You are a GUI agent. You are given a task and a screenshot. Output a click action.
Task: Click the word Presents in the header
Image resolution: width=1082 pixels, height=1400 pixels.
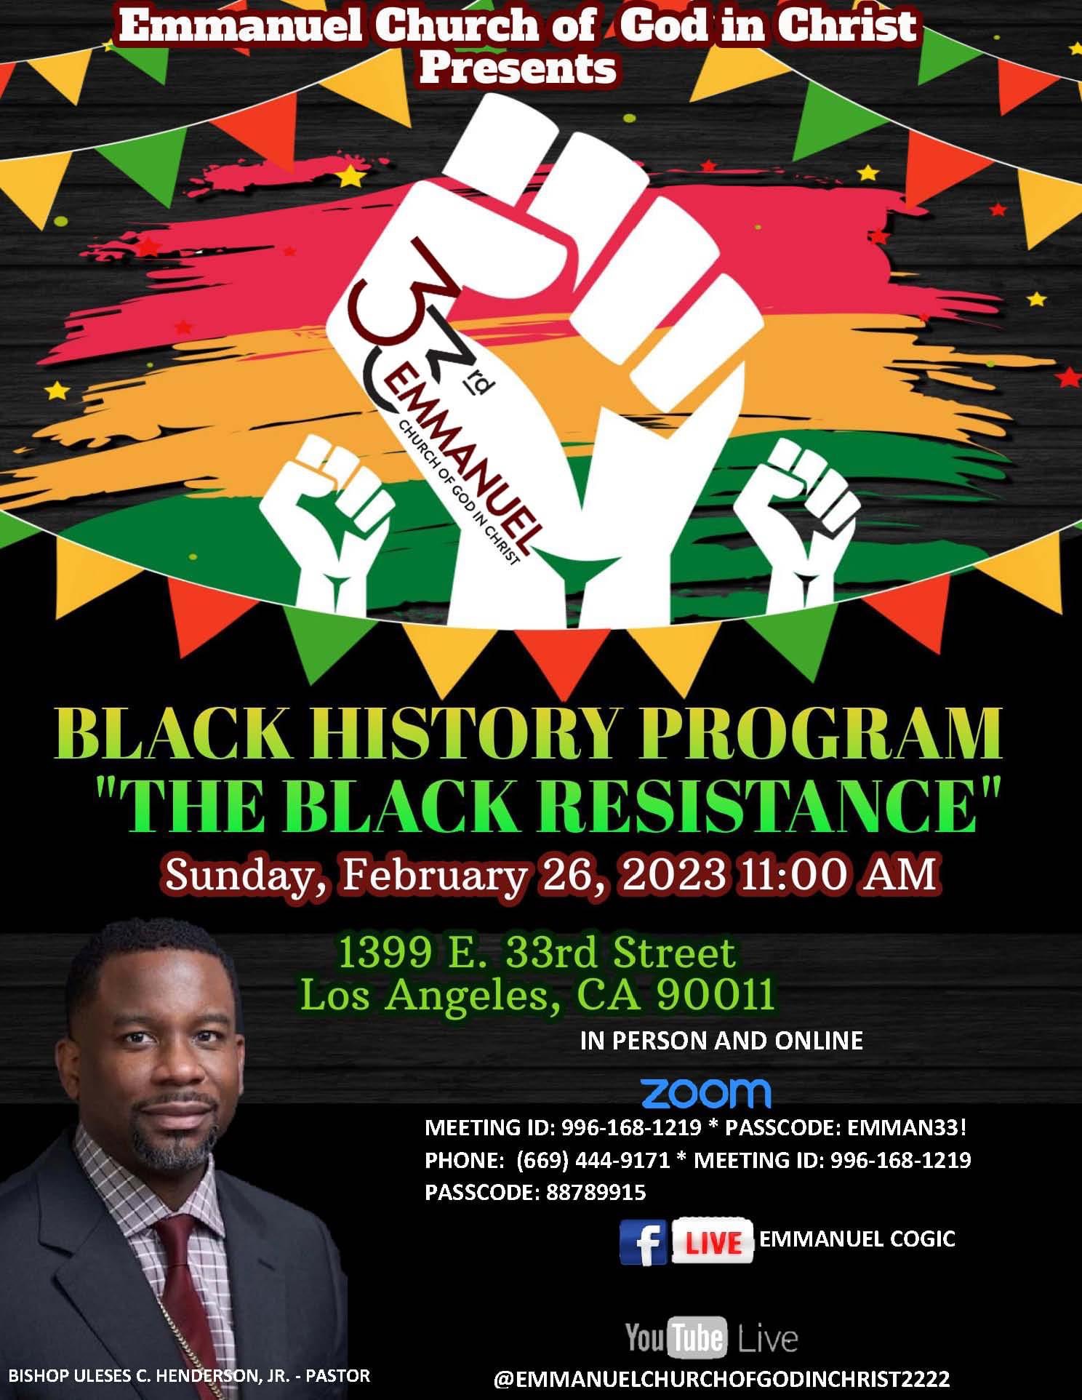[x=518, y=69]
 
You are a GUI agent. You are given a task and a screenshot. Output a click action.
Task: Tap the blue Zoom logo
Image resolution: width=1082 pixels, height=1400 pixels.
[x=705, y=1092]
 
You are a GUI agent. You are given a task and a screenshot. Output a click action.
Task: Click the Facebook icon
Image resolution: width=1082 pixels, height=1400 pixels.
[x=643, y=1243]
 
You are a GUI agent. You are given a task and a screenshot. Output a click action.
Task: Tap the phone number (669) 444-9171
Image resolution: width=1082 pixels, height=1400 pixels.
[x=593, y=1160]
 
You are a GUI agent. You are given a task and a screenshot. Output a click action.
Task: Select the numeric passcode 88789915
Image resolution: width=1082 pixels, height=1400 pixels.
[x=595, y=1193]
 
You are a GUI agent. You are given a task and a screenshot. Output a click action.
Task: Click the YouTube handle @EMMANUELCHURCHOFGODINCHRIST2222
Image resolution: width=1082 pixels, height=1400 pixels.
[x=721, y=1378]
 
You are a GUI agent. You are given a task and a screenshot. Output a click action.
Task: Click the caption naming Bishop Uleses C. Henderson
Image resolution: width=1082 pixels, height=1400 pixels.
[x=189, y=1375]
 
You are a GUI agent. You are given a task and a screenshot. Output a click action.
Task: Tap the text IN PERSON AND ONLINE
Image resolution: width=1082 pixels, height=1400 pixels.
[x=721, y=1041]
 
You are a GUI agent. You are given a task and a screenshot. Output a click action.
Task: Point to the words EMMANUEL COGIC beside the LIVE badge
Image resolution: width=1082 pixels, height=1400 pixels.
[x=857, y=1238]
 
